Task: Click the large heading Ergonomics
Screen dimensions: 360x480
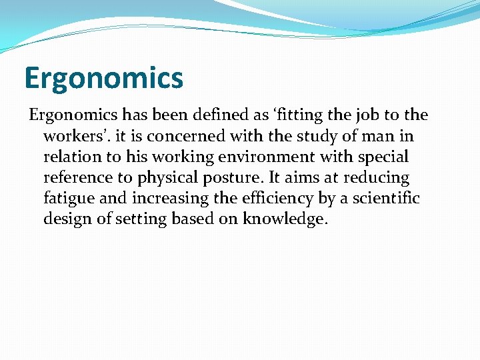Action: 103,78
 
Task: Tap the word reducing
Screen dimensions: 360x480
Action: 376,177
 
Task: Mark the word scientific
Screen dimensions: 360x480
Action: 386,198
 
